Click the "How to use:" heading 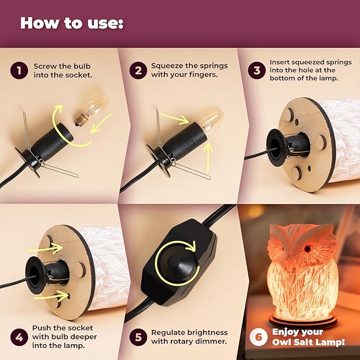pos(72,23)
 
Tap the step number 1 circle pos(19,71)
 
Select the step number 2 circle pos(138,71)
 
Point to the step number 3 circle pos(257,71)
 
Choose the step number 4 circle pos(19,337)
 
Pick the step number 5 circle pos(138,337)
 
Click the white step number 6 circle pos(259,337)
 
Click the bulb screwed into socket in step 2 pos(213,119)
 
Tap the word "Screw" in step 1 pos(45,66)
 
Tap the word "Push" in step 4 pos(41,328)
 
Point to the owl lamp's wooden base pos(303,321)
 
